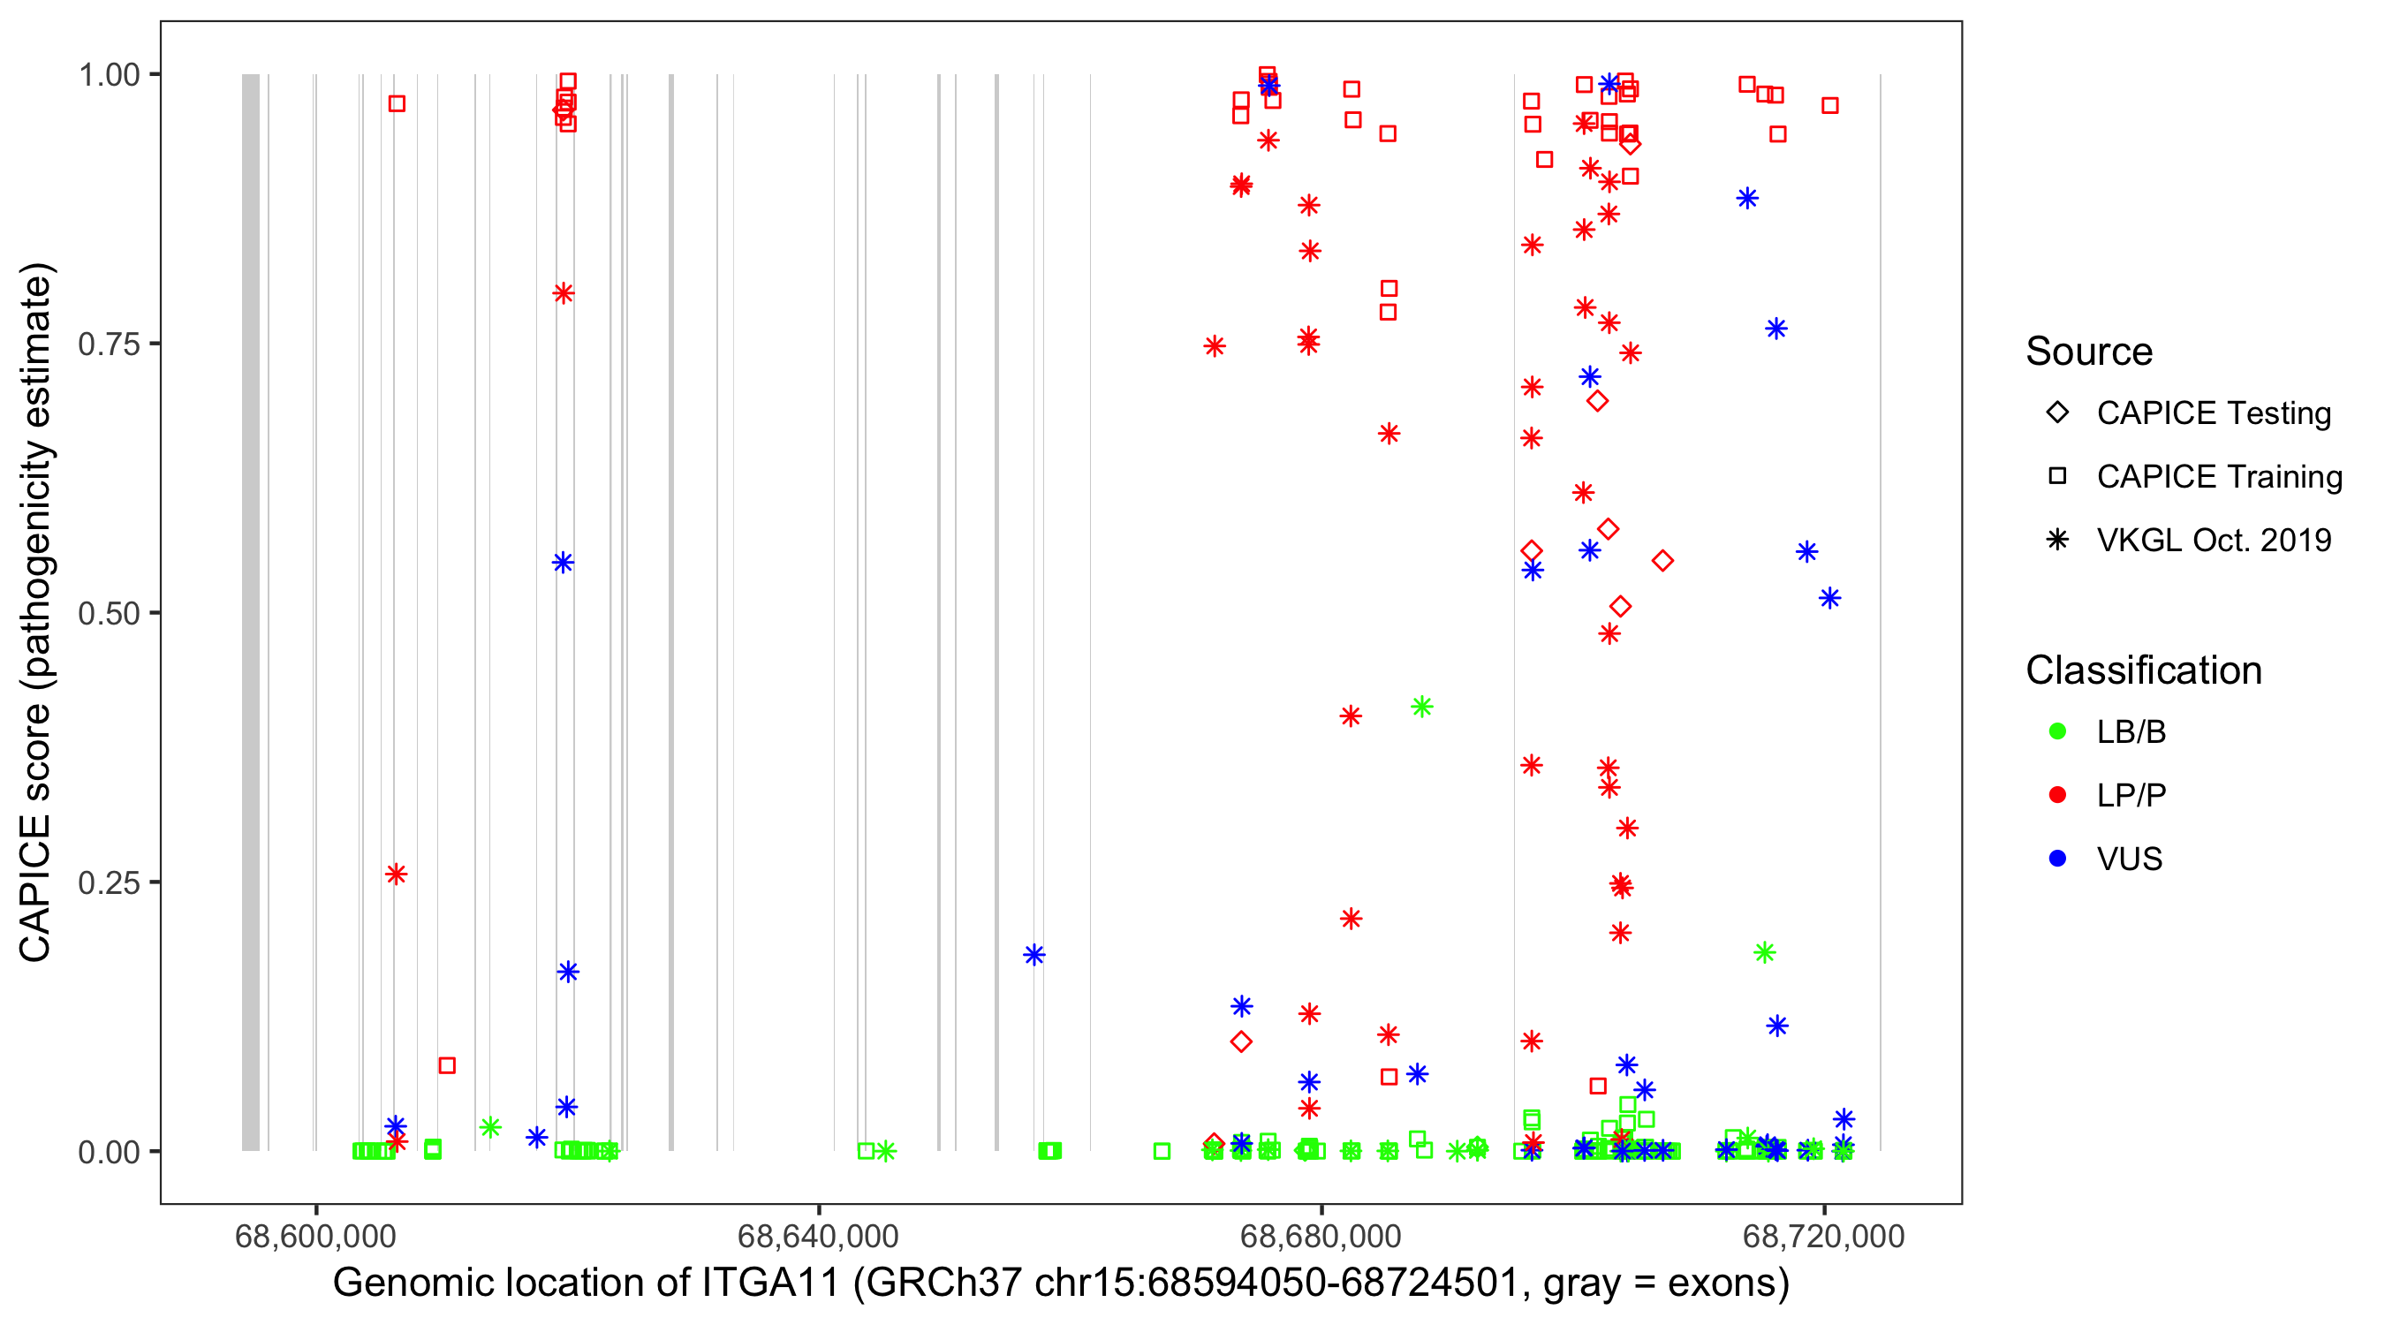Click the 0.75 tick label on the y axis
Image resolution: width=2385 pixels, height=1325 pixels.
pyautogui.click(x=108, y=344)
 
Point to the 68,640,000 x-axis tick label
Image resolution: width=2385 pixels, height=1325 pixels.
pyautogui.click(x=818, y=1237)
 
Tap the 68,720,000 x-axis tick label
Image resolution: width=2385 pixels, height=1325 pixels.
pyautogui.click(x=1823, y=1237)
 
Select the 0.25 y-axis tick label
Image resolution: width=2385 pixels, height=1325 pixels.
pyautogui.click(x=108, y=883)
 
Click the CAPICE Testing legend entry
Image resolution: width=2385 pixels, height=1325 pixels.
pyautogui.click(x=2213, y=413)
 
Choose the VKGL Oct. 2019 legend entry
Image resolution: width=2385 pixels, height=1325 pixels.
pyautogui.click(x=2213, y=541)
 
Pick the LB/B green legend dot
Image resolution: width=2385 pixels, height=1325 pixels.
pyautogui.click(x=2057, y=732)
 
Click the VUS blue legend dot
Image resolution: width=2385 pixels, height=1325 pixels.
pyautogui.click(x=2057, y=859)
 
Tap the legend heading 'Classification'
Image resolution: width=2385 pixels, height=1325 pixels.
pyautogui.click(x=2143, y=670)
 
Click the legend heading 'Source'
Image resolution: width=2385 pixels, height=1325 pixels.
pyautogui.click(x=2089, y=352)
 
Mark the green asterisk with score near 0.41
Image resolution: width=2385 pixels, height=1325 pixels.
pyautogui.click(x=1422, y=708)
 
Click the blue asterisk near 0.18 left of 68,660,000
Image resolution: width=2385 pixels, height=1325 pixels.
pyautogui.click(x=1034, y=955)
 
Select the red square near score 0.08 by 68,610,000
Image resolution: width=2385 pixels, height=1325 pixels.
pyautogui.click(x=447, y=1065)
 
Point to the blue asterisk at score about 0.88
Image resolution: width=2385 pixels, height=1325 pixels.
pyautogui.click(x=1747, y=198)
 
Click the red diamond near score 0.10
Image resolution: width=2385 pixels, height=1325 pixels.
pyautogui.click(x=1242, y=1041)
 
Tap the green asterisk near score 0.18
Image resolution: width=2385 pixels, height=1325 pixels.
pyautogui.click(x=1765, y=952)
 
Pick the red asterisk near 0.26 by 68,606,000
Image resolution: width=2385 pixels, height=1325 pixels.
pyautogui.click(x=397, y=874)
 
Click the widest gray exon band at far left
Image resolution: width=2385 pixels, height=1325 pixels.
pyautogui.click(x=251, y=611)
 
